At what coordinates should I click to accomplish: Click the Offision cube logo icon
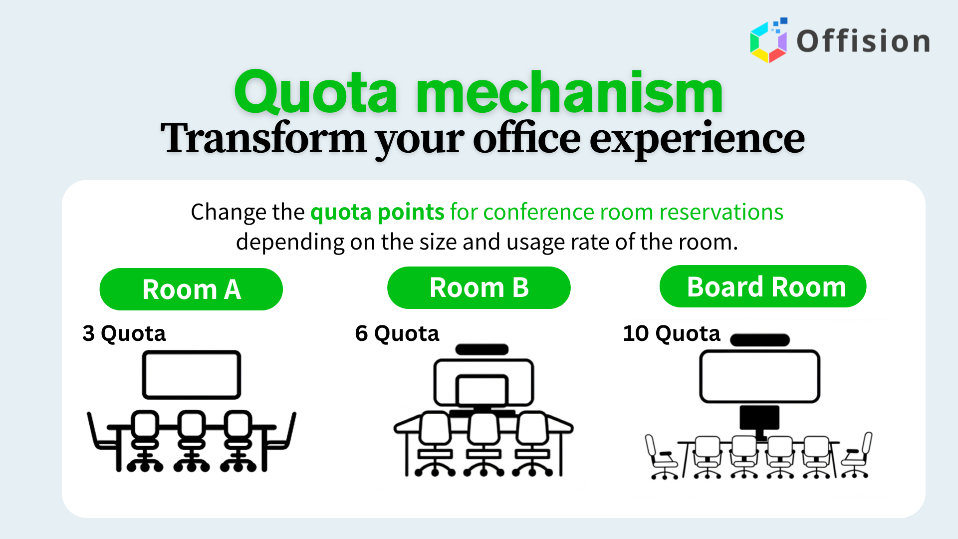(769, 40)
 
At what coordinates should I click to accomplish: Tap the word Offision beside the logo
(863, 41)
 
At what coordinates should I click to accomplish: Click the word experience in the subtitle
(697, 140)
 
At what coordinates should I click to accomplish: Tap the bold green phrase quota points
(377, 212)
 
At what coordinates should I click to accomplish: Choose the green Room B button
(479, 288)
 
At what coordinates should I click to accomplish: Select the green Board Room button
(763, 286)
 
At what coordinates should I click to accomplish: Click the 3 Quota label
(124, 333)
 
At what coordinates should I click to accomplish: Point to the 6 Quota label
(397, 333)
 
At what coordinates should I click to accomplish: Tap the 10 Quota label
(672, 333)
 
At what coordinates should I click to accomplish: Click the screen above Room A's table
(192, 375)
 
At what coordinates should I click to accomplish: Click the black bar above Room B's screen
(482, 349)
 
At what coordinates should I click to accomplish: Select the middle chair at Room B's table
(483, 444)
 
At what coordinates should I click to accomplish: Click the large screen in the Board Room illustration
(760, 377)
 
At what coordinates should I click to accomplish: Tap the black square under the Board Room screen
(759, 418)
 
